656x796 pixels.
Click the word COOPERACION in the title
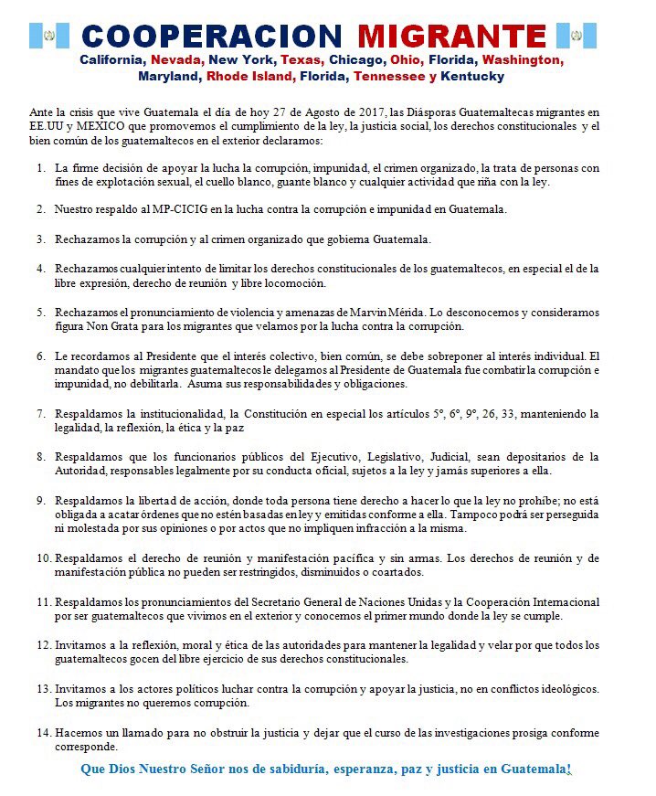coord(212,36)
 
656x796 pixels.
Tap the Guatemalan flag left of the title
coord(49,36)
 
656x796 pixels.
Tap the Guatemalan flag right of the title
coord(577,36)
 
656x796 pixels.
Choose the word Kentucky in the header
coord(472,76)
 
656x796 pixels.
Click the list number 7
coord(40,414)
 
